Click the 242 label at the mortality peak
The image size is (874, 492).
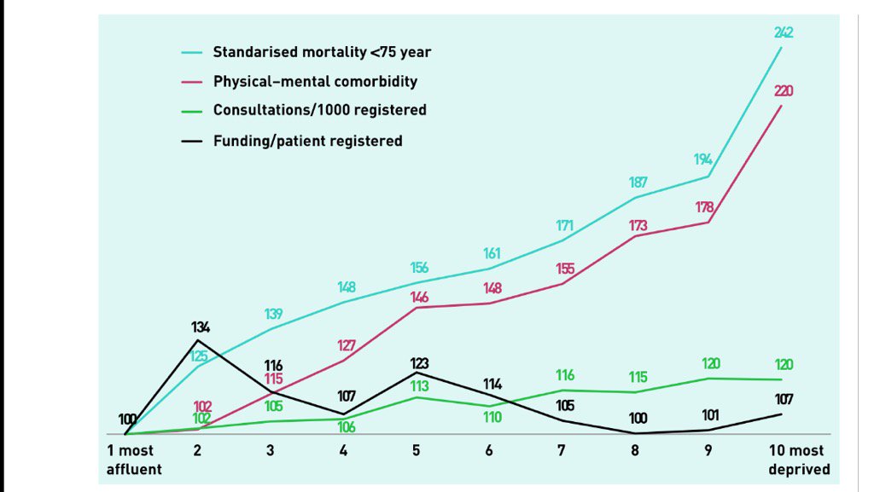(x=784, y=32)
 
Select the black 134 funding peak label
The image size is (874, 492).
(x=200, y=327)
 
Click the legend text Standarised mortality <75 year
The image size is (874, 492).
(x=322, y=53)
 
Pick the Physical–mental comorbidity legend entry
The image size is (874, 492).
(x=315, y=82)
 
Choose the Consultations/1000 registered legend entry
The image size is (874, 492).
(x=319, y=110)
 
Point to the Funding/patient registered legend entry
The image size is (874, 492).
(x=307, y=141)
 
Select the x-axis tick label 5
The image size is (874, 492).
(x=416, y=451)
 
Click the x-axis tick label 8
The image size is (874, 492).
(x=634, y=451)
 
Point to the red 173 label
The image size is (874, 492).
(x=637, y=226)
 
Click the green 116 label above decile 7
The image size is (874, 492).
(x=564, y=375)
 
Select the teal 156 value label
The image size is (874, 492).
(x=418, y=268)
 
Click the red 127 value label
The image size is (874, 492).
(x=345, y=346)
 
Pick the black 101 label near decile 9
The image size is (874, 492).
(x=710, y=415)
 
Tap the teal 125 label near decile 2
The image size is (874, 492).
(x=198, y=357)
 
